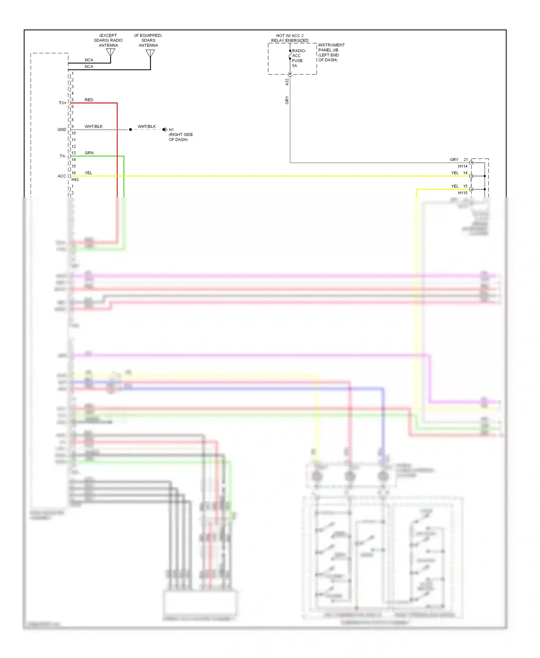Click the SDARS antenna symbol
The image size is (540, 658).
pyautogui.click(x=150, y=53)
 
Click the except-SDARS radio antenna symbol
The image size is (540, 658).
pyautogui.click(x=111, y=52)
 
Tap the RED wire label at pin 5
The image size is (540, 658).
pyautogui.click(x=89, y=100)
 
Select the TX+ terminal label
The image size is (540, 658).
pyautogui.click(x=63, y=103)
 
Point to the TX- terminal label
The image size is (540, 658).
pyautogui.click(x=63, y=156)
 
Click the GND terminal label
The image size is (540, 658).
pyautogui.click(x=62, y=130)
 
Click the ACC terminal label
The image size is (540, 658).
pyautogui.click(x=62, y=176)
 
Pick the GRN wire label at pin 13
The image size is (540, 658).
pyautogui.click(x=89, y=153)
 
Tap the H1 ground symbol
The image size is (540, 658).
pyautogui.click(x=165, y=130)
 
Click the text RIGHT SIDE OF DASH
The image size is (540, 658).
pyautogui.click(x=181, y=137)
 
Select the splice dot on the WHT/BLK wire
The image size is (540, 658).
pyautogui.click(x=130, y=130)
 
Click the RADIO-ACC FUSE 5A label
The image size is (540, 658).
pyautogui.click(x=298, y=58)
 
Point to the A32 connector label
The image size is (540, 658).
pyautogui.click(x=287, y=82)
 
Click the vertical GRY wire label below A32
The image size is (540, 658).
pyautogui.click(x=287, y=100)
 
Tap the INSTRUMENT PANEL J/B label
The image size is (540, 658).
pyautogui.click(x=331, y=53)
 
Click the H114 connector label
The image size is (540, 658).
pyautogui.click(x=463, y=166)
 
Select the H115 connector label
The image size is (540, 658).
pyautogui.click(x=463, y=193)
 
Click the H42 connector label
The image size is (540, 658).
pyautogui.click(x=75, y=180)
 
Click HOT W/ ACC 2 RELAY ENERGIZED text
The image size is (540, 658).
pyautogui.click(x=290, y=38)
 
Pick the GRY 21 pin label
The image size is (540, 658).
pyautogui.click(x=459, y=159)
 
